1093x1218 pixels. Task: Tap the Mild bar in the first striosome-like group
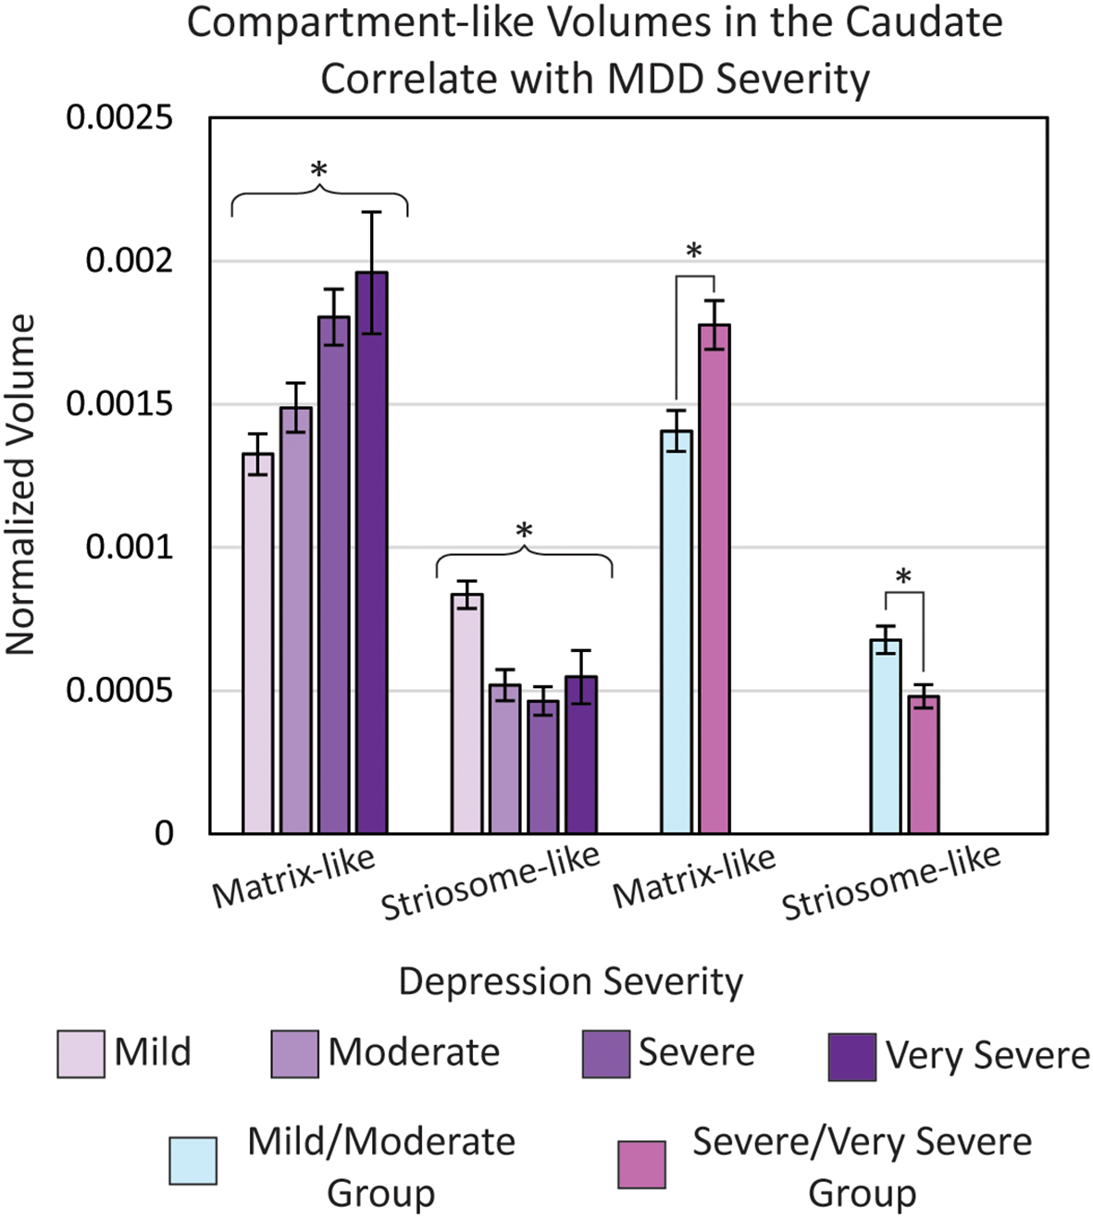467,713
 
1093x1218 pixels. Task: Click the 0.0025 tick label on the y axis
119,118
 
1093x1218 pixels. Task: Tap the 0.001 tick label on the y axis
129,547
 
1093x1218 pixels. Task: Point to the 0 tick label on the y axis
164,833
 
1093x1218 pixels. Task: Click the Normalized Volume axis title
20,486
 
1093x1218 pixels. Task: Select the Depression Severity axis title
570,981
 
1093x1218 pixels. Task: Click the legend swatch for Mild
81,1054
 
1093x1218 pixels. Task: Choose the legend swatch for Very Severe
851,1057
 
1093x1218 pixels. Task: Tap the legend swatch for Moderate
294,1054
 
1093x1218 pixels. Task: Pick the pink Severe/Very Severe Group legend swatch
641,1163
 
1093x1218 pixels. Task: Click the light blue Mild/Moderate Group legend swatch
193,1161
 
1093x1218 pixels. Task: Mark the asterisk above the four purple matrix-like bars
318,171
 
